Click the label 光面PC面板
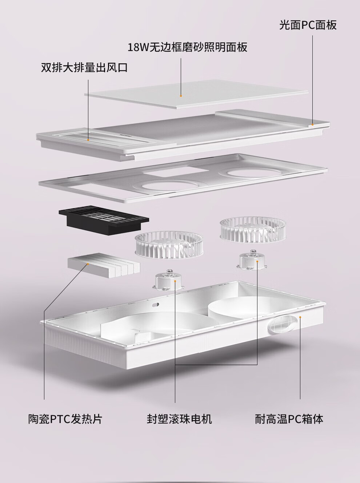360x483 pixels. pyautogui.click(x=308, y=25)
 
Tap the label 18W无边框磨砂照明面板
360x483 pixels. pyautogui.click(x=188, y=47)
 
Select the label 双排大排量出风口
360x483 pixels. pyautogui.click(x=84, y=67)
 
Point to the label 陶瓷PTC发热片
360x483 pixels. pyautogui.click(x=65, y=419)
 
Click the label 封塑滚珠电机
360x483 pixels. pyautogui.click(x=179, y=419)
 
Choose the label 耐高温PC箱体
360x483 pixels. pyautogui.click(x=289, y=419)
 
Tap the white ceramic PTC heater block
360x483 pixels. pyautogui.click(x=104, y=266)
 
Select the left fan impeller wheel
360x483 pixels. pyautogui.click(x=169, y=246)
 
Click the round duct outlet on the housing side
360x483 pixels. pyautogui.click(x=283, y=324)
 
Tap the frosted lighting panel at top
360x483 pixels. pyautogui.click(x=196, y=94)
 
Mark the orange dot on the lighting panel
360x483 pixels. pyautogui.click(x=181, y=96)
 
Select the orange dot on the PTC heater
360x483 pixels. pyautogui.click(x=88, y=264)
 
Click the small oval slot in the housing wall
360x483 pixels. pyautogui.click(x=156, y=305)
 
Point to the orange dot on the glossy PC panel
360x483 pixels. pyautogui.click(x=312, y=124)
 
